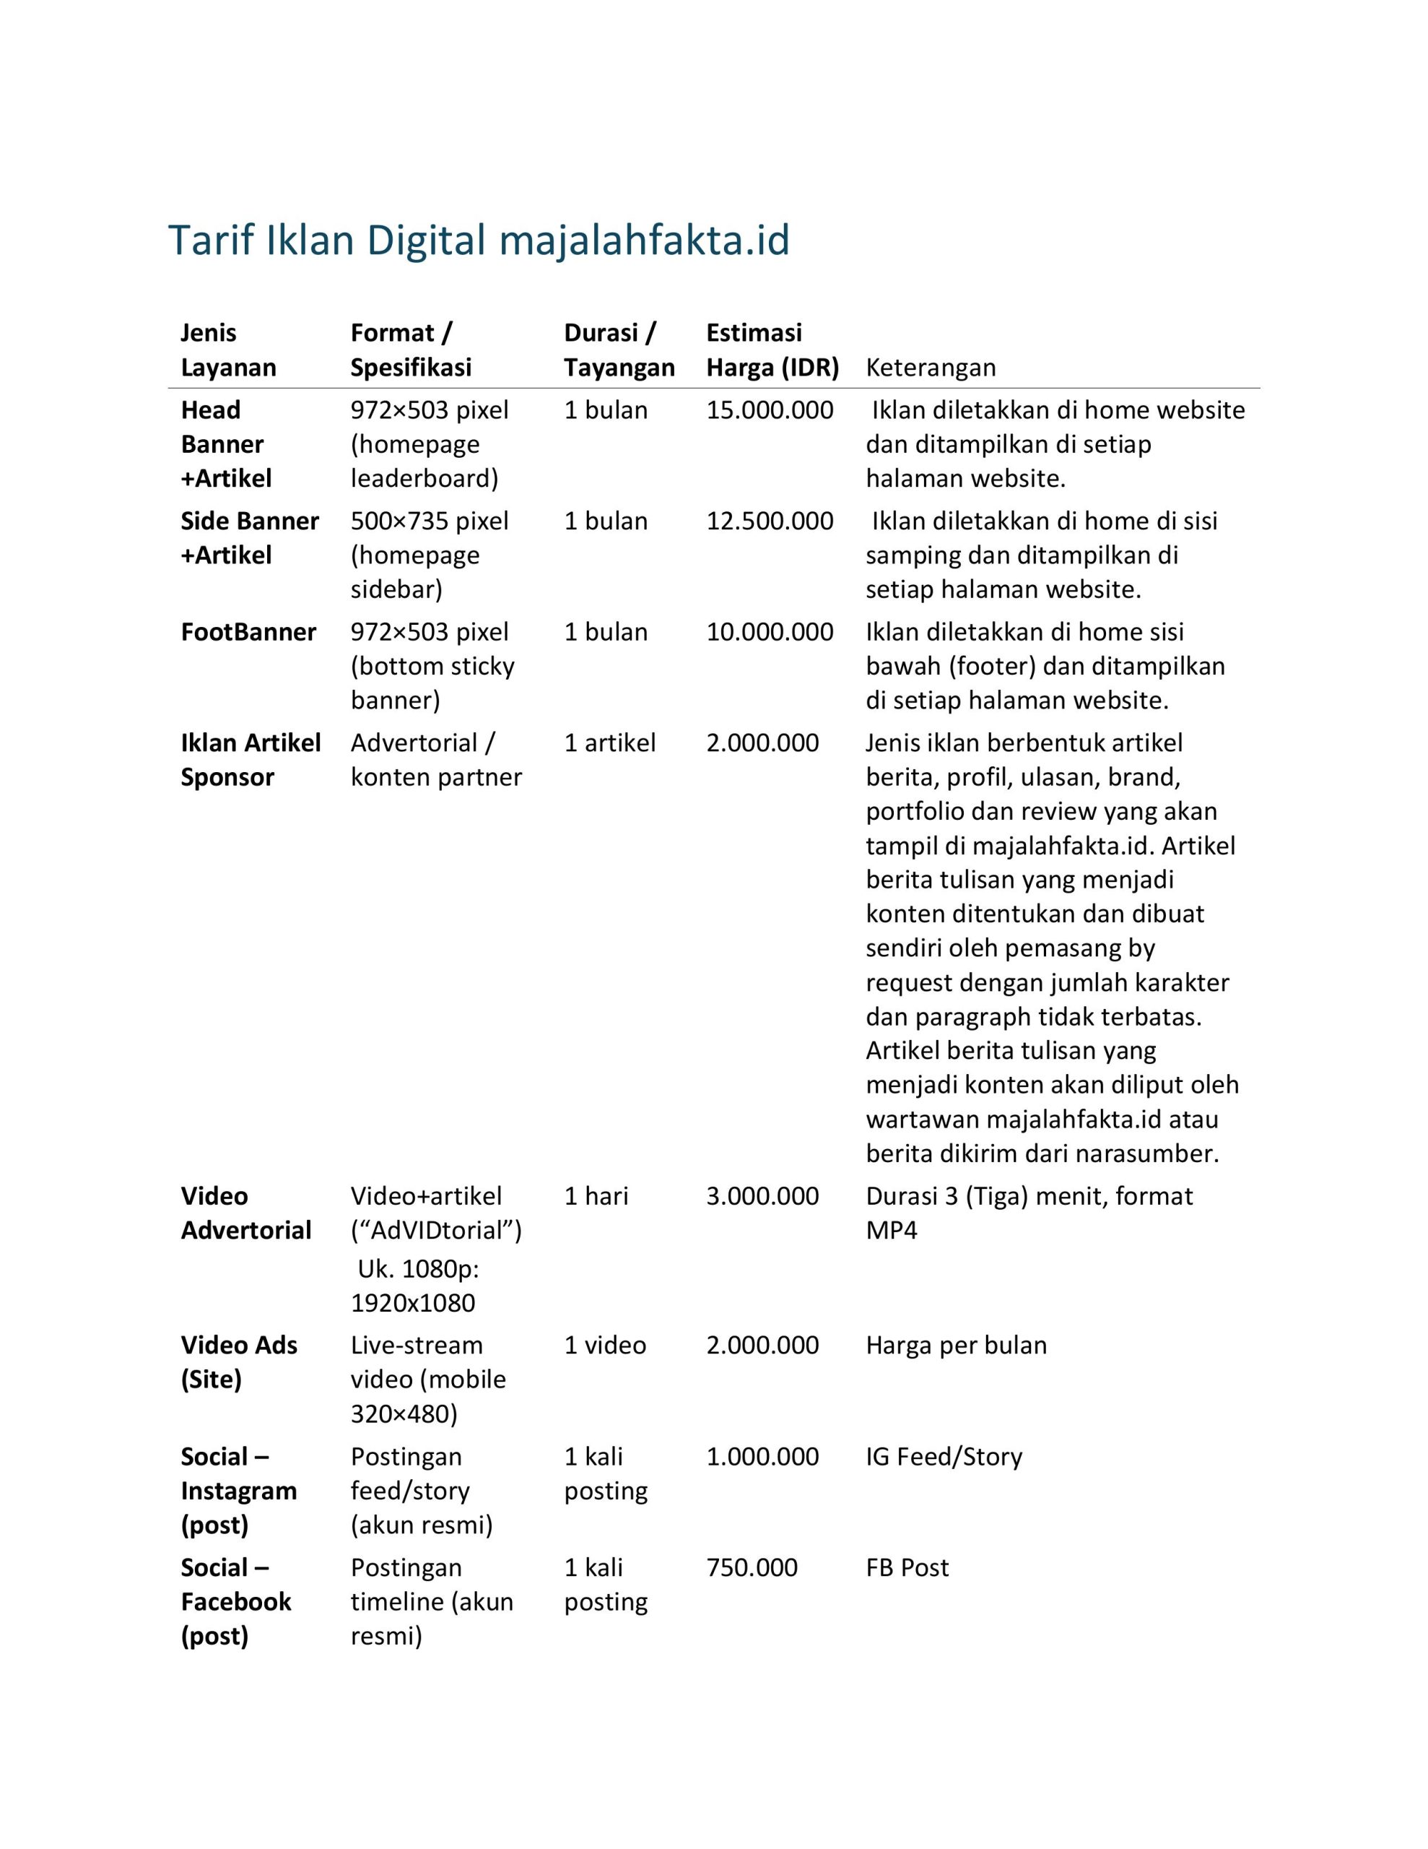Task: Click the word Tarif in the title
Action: coord(212,241)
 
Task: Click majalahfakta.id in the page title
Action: coord(644,241)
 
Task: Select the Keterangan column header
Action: coord(931,368)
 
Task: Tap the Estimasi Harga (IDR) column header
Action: coord(772,350)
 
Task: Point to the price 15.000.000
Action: coord(770,410)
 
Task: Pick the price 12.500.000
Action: coord(770,521)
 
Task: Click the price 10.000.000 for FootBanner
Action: coord(770,633)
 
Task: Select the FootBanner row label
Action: coord(248,633)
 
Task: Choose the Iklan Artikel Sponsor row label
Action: coord(251,761)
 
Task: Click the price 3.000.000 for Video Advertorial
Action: coord(762,1196)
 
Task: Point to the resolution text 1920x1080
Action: coord(413,1303)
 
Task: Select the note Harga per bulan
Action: coord(956,1346)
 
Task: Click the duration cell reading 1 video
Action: coord(604,1346)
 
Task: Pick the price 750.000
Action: coord(752,1567)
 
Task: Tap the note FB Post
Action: coord(907,1567)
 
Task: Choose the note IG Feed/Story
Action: coord(944,1456)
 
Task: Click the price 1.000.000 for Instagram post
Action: coord(762,1456)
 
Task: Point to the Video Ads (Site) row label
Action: coord(239,1362)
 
